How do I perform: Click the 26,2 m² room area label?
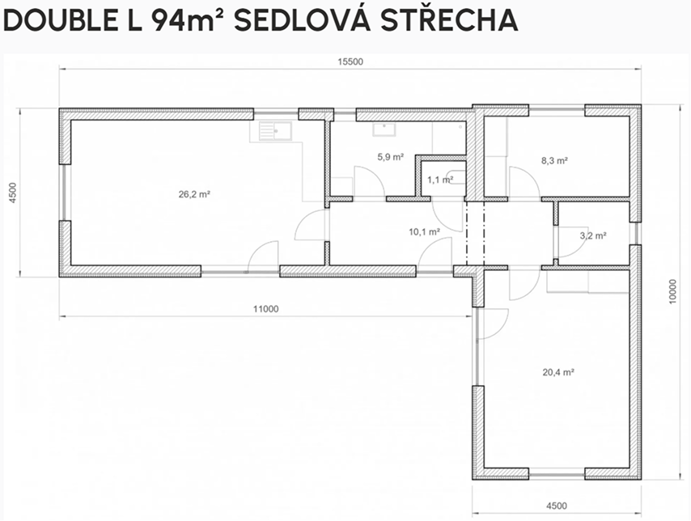pyautogui.click(x=194, y=194)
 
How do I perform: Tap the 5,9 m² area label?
pyautogui.click(x=391, y=156)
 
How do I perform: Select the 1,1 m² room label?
pyautogui.click(x=440, y=180)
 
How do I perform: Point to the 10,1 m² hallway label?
pyautogui.click(x=424, y=232)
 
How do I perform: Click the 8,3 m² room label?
pyautogui.click(x=554, y=160)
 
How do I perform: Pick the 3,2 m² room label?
pyautogui.click(x=593, y=235)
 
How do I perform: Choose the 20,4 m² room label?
pyautogui.click(x=558, y=372)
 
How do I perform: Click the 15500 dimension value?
pyautogui.click(x=350, y=61)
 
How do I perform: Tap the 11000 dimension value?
pyautogui.click(x=265, y=309)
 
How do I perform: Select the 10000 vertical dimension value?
pyautogui.click(x=672, y=291)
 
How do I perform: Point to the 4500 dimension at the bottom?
pyautogui.click(x=557, y=506)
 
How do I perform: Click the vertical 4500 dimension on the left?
pyautogui.click(x=13, y=193)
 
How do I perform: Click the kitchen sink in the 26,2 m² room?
pyautogui.click(x=275, y=130)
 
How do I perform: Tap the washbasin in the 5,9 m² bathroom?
pyautogui.click(x=384, y=129)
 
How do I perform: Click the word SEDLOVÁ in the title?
pyautogui.click(x=302, y=20)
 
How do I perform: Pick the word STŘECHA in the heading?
pyautogui.click(x=449, y=20)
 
